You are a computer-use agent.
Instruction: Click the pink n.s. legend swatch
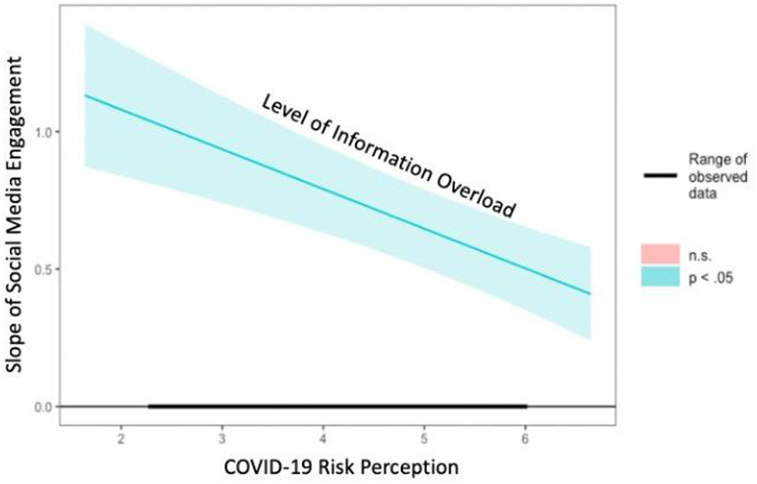(x=659, y=253)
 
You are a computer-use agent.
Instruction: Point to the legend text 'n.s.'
(x=702, y=253)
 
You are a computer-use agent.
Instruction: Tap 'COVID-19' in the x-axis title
(x=262, y=468)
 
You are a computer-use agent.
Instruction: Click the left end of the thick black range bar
(x=149, y=406)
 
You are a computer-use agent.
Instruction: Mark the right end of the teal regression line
(x=590, y=294)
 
